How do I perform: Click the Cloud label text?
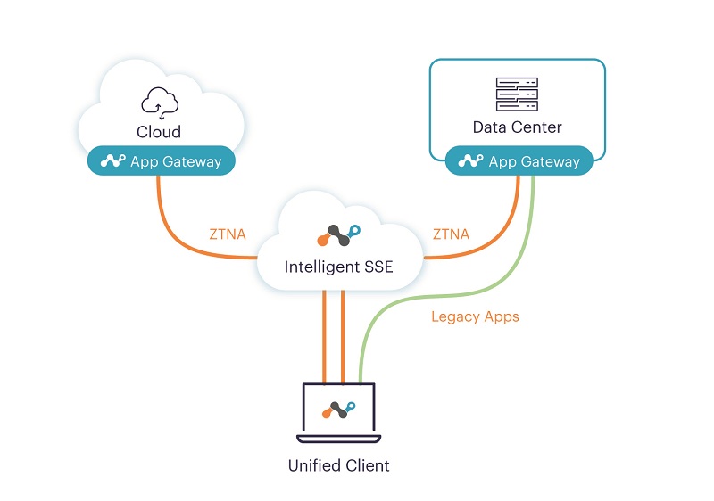[159, 132]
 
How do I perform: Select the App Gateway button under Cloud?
[161, 161]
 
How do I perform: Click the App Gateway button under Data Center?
[519, 161]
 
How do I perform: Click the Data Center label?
[518, 127]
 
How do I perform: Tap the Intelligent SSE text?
[338, 266]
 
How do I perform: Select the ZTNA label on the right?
[452, 234]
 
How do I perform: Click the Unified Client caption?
[338, 465]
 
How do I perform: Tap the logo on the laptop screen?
[338, 409]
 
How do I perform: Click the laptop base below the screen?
[338, 439]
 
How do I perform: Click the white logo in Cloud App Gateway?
[112, 161]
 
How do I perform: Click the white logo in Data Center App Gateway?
[469, 161]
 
